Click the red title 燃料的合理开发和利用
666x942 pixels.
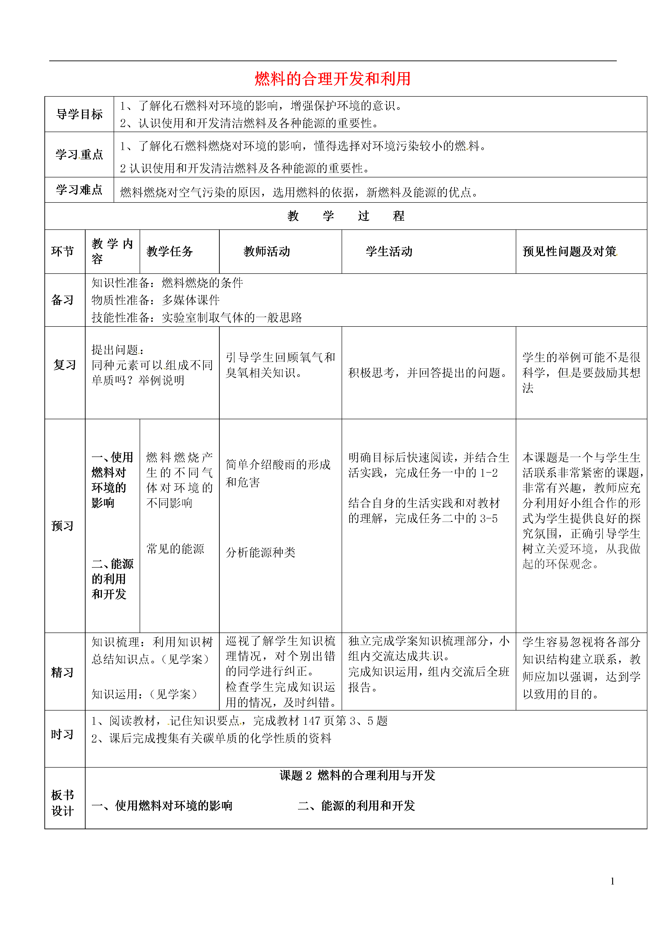point(333,79)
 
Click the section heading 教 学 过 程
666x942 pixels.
point(346,216)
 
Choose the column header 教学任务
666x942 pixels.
point(170,251)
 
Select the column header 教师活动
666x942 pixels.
point(267,251)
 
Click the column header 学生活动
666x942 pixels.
point(389,251)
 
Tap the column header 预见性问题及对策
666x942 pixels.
point(570,251)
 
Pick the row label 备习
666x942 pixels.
point(62,300)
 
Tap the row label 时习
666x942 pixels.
point(62,734)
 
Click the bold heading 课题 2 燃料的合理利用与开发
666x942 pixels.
point(357,775)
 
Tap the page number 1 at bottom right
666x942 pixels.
point(612,881)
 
